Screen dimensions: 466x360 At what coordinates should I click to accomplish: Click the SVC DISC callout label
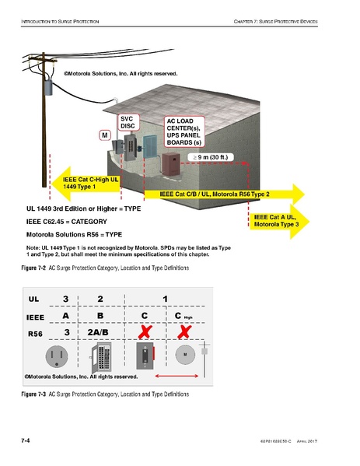coord(128,121)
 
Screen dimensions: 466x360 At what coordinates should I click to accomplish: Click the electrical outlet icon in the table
coord(56,357)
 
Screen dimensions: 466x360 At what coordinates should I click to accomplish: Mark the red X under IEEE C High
coord(184,335)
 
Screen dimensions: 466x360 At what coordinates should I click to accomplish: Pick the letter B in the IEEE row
coord(100,316)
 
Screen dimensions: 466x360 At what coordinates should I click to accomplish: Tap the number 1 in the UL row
coord(165,298)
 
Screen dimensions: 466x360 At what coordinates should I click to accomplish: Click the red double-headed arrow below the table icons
coord(177,377)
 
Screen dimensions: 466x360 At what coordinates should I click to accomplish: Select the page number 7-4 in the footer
coord(26,440)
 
